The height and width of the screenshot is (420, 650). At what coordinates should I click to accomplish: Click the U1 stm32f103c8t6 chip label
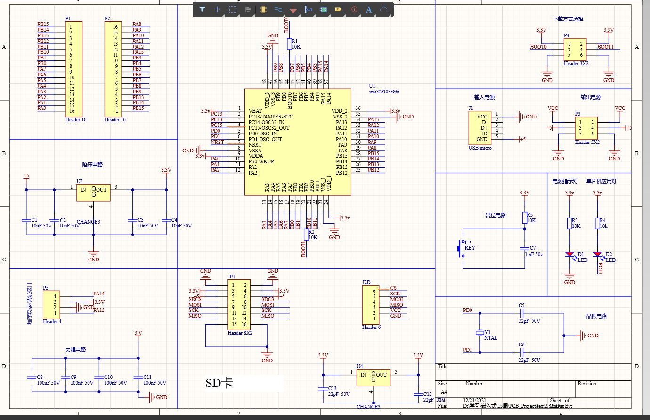(383, 92)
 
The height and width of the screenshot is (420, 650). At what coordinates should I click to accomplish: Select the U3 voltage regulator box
(93, 192)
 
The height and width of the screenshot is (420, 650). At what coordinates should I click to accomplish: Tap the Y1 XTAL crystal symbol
(480, 333)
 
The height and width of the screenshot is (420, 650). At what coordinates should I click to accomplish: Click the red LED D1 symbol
(570, 255)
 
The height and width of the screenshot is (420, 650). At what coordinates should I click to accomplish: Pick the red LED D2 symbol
(598, 255)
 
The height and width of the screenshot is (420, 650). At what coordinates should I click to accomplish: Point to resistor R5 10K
(525, 218)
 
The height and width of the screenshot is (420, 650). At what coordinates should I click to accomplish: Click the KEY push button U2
(462, 248)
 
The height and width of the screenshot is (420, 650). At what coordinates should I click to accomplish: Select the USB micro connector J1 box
(479, 128)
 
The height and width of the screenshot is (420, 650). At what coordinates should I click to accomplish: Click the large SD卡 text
(219, 383)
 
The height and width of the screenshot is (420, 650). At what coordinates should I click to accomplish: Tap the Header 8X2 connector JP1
(239, 305)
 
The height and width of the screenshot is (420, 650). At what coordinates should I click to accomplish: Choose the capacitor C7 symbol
(525, 248)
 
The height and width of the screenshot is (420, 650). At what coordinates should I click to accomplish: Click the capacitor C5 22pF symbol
(521, 313)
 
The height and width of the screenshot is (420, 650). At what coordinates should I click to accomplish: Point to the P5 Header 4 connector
(51, 304)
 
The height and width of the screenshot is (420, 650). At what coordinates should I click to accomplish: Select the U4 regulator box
(373, 377)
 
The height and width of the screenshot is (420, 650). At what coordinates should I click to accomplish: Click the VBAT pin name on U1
(255, 111)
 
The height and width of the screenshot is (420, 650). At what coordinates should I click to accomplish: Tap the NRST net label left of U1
(218, 142)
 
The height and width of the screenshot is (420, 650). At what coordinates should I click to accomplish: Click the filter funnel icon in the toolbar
(202, 9)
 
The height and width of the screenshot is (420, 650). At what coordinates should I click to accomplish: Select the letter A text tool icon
(369, 9)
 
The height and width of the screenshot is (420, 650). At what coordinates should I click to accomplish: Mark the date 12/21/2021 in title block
(474, 400)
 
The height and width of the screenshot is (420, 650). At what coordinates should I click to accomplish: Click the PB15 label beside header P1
(43, 24)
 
